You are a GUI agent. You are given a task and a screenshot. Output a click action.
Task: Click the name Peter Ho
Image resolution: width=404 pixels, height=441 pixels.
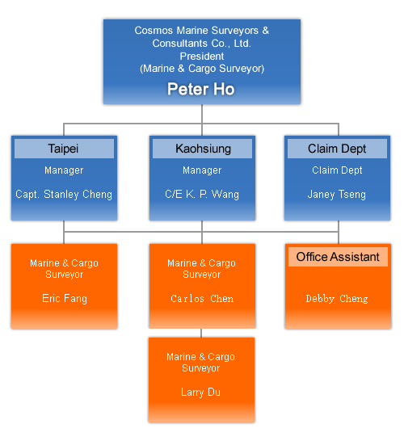coord(201,89)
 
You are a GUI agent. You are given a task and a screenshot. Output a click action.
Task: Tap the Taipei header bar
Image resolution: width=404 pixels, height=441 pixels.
coord(64,149)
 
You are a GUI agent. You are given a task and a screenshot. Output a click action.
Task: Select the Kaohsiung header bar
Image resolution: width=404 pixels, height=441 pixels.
coord(202,149)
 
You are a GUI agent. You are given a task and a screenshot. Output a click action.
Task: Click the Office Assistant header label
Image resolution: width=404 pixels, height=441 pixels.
coord(338,257)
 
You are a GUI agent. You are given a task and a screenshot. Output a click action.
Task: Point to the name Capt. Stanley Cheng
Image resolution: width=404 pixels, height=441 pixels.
coord(64,195)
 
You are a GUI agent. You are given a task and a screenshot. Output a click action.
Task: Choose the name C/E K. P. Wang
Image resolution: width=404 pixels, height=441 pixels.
coord(202,195)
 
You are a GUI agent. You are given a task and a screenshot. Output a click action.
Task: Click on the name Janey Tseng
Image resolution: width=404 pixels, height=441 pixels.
coord(337,195)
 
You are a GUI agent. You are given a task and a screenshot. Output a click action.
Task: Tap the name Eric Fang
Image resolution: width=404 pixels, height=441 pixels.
coord(65,298)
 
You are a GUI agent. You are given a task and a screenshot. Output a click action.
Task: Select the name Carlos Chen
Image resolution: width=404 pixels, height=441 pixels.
coord(202,298)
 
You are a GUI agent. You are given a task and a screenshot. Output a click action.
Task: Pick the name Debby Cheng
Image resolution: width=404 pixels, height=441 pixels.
coord(337,298)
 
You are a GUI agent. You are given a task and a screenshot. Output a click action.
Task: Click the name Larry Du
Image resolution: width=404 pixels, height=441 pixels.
coord(200,392)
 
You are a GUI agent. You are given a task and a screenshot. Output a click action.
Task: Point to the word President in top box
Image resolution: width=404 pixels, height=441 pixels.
coord(202,57)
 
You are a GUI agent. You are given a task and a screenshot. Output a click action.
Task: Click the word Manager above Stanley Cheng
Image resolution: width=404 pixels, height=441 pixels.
coord(64,170)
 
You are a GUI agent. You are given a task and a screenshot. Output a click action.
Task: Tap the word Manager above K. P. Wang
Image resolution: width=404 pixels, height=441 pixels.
coord(202,170)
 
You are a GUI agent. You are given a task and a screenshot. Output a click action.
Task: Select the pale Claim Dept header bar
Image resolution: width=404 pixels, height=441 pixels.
coord(337,149)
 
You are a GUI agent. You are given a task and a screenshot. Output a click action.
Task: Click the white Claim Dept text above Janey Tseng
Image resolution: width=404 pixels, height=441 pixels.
coord(337,170)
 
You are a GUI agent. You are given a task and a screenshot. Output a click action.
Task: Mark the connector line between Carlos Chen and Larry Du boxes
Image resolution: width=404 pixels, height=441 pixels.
coord(201,333)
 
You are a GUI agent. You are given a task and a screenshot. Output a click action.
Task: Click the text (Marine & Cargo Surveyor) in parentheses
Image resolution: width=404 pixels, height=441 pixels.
coord(202,69)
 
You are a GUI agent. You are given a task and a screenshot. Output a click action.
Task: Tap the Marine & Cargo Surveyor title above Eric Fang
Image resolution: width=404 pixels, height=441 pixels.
coord(64,269)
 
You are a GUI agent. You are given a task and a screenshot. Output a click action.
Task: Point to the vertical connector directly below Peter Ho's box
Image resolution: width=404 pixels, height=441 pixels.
coord(202,114)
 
